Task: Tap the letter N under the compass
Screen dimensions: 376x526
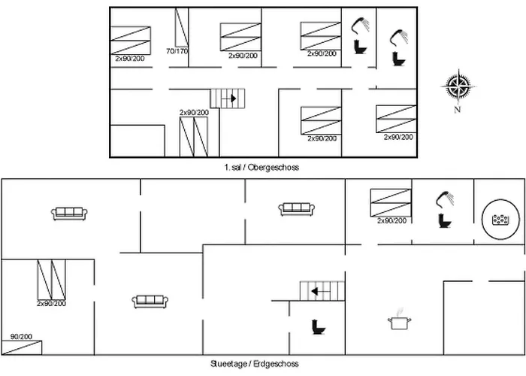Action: click(x=457, y=110)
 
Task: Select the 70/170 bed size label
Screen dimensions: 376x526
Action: click(x=176, y=52)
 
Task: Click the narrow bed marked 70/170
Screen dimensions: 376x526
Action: click(x=181, y=27)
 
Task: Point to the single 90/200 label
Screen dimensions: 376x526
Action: click(x=21, y=337)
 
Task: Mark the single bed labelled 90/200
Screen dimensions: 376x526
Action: click(x=21, y=347)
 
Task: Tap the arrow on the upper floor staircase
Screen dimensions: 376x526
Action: click(x=233, y=98)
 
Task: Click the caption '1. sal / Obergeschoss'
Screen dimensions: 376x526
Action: click(x=261, y=168)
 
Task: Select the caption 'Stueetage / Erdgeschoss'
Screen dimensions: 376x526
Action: click(x=261, y=364)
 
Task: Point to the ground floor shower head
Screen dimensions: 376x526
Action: click(x=446, y=198)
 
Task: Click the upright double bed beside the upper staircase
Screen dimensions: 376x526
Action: click(x=193, y=136)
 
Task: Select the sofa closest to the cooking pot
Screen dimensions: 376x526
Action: click(x=296, y=209)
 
